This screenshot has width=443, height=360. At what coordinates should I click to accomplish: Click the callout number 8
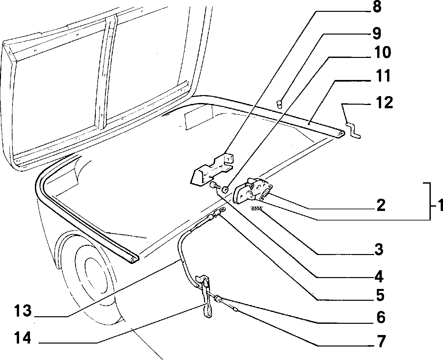377,7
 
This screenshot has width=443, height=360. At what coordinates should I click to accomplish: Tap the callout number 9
377,33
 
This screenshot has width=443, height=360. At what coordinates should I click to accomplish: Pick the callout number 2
381,205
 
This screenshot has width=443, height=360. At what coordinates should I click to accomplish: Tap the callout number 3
379,249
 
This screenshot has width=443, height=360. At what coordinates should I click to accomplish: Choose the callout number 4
379,276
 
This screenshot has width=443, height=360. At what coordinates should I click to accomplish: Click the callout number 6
381,317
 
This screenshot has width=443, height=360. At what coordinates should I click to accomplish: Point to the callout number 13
23,311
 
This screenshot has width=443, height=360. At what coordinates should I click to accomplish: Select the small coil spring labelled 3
257,208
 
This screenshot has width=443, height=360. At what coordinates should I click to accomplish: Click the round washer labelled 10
225,190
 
